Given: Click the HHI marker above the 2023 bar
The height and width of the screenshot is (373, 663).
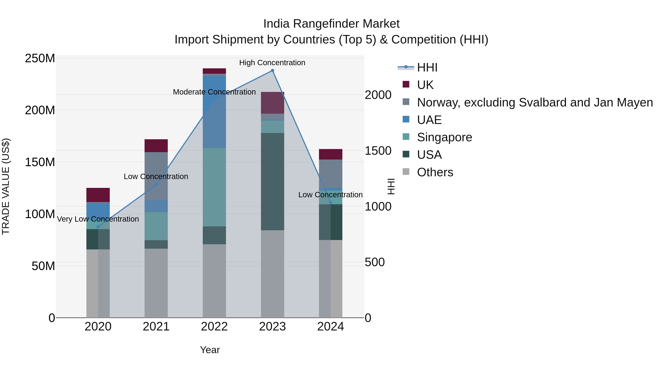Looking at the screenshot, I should coord(272,71).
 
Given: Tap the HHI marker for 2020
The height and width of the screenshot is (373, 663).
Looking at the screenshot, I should coord(98,227).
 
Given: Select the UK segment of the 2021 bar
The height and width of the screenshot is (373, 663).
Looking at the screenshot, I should coord(156,146).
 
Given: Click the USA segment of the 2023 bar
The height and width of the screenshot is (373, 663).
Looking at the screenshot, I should coord(272,181).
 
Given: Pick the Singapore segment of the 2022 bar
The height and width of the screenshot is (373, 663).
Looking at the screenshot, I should coord(214,187).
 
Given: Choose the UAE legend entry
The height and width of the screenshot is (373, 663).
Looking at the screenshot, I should coord(429,120).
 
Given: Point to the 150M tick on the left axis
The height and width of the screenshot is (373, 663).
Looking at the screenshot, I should coord(40,162).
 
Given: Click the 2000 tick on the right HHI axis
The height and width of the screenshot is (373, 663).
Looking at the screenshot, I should coord(378,95).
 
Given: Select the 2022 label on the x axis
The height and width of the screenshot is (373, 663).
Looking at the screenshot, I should coord(214,327).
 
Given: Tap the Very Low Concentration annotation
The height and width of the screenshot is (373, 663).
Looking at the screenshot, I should coord(98,219).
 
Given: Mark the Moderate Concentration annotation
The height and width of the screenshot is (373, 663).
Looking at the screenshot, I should coord(214,92).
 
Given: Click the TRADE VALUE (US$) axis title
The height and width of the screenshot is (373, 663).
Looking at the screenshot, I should coord(6,186).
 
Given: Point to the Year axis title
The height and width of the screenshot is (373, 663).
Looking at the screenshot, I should coord(210,350).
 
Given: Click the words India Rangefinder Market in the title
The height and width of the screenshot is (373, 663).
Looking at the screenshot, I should coord(331,24).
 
